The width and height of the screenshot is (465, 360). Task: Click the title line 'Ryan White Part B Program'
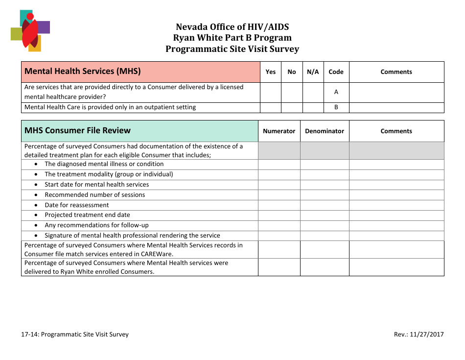tap(232, 38)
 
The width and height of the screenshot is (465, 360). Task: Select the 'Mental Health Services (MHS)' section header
tap(83, 71)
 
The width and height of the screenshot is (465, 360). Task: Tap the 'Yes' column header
tap(270, 72)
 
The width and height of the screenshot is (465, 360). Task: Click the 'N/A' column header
tap(313, 72)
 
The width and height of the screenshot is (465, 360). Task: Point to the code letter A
tap(336, 92)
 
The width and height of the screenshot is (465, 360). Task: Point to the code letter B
tap(336, 107)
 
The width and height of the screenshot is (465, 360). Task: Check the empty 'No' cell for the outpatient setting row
tap(292, 107)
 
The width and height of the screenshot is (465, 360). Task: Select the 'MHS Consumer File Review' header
tap(77, 130)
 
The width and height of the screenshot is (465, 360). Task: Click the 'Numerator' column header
tap(279, 131)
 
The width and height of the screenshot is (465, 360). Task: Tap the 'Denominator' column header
tap(324, 131)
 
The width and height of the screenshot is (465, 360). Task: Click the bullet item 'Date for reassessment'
tap(77, 205)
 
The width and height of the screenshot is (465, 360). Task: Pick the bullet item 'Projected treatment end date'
tap(87, 215)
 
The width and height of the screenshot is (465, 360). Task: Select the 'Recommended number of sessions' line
tap(94, 195)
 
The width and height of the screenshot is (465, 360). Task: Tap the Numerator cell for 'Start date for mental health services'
tap(279, 185)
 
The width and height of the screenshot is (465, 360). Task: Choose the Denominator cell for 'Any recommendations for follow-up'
tap(324, 225)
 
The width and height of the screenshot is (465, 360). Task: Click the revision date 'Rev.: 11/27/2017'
tap(418, 335)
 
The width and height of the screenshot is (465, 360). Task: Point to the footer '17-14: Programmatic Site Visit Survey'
tap(75, 335)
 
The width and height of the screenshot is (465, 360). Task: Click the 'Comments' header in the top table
tap(396, 72)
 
